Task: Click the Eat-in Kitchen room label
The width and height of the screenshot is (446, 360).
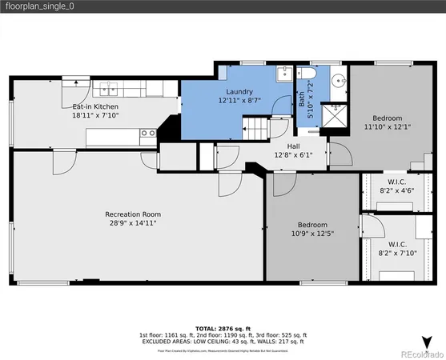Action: (x=94, y=106)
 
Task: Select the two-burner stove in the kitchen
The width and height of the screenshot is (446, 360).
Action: (x=147, y=133)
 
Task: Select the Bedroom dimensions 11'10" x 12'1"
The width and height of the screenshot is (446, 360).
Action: (x=387, y=126)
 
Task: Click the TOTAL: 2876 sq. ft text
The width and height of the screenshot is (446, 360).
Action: (x=223, y=328)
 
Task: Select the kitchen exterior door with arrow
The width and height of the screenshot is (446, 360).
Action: (x=76, y=79)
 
